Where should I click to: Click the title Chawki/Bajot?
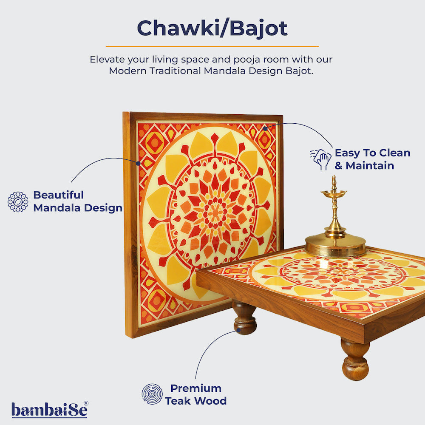[x=212, y=28]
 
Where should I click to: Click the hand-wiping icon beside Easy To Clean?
[x=320, y=159]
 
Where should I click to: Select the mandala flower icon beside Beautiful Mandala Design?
[x=18, y=201]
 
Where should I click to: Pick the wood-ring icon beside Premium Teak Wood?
[x=152, y=394]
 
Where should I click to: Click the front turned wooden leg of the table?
[x=355, y=360]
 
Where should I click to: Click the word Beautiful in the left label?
[x=59, y=195]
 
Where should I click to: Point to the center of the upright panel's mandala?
[x=210, y=208]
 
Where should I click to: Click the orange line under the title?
[x=212, y=46]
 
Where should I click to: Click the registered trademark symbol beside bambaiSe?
[x=86, y=403]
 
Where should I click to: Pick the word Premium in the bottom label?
[x=196, y=388]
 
